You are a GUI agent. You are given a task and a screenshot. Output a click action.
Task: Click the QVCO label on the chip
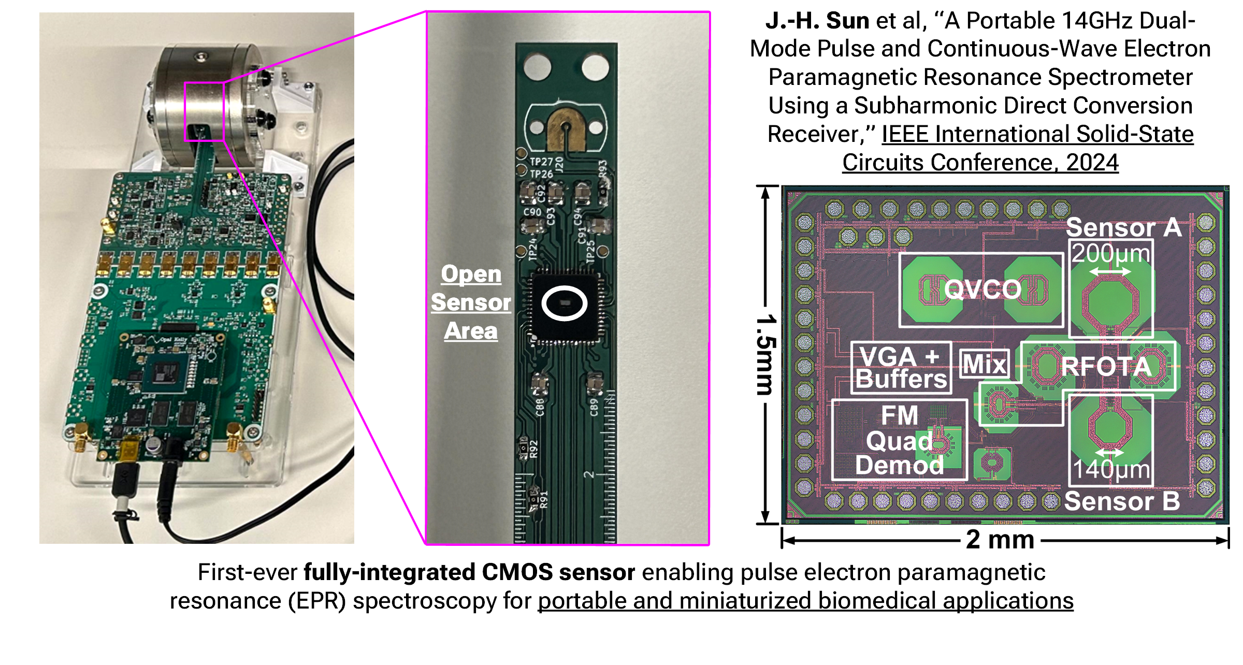coord(982,289)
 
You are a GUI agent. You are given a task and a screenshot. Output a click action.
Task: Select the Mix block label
coord(985,364)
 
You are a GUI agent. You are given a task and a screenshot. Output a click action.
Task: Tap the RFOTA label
coord(1106,367)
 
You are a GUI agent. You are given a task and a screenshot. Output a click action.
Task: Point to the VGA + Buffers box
coord(901,368)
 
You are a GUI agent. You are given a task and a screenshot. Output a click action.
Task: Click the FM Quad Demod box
coord(900,440)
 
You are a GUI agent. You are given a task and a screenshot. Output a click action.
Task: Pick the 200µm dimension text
coord(1111,254)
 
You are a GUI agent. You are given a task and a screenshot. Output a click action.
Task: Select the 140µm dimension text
coord(1111,469)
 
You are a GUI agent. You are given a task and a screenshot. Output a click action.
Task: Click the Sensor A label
coord(1124,227)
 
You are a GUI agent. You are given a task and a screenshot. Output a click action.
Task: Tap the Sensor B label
coord(1122,501)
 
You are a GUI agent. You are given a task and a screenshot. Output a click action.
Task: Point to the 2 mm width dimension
coord(1000,540)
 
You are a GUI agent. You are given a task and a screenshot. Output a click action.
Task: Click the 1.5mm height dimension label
coord(766,355)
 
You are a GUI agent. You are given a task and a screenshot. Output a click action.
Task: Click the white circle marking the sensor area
coord(565,303)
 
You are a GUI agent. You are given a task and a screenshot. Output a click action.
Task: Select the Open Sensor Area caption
coord(471,302)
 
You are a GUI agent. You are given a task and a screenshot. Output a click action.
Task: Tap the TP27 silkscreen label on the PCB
coord(541,162)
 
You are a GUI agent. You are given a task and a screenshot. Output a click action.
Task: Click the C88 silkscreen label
coord(540,407)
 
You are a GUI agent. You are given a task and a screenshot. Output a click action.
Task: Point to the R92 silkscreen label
coord(534,449)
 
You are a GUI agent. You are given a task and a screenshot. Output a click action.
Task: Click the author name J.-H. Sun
coord(817,21)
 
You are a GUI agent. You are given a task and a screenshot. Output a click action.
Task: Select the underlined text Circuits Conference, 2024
coord(980,162)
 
